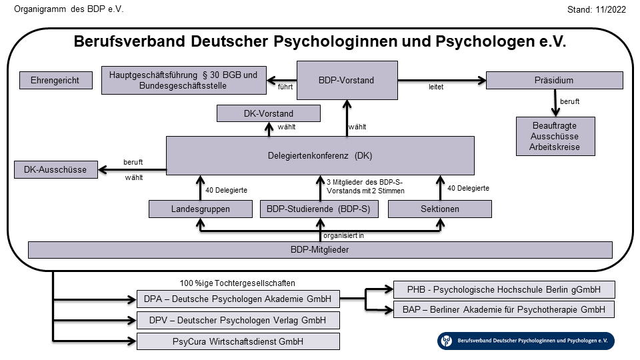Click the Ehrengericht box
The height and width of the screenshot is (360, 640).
coord(55,80)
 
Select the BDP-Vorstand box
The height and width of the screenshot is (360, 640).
coord(347,80)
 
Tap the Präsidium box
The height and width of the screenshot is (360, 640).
coord(554,80)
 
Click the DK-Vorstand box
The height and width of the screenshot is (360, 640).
coord(269,114)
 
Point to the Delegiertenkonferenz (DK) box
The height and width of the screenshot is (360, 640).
coord(319,156)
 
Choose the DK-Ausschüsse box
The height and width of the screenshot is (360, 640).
coord(55,170)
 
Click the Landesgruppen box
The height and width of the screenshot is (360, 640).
coord(199,209)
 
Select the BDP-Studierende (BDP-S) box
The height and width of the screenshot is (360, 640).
coord(319,209)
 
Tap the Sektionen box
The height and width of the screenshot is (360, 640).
coord(440,209)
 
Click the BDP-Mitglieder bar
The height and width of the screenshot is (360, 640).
coord(320,250)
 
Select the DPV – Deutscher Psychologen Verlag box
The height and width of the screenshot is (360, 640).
coord(238,320)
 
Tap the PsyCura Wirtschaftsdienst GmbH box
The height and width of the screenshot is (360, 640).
coord(238,342)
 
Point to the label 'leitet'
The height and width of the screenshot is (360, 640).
coord(436,87)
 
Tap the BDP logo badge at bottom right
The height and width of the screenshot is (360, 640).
coord(526,341)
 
